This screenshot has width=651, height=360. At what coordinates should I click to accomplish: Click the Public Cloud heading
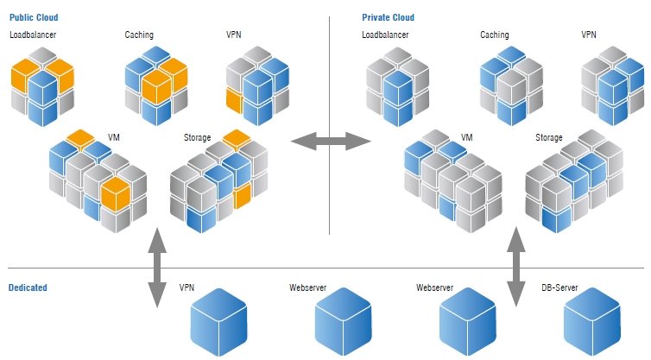pos(35,17)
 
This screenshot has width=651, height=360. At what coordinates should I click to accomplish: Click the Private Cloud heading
pos(388,17)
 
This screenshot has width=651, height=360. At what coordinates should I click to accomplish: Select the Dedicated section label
pos(28,287)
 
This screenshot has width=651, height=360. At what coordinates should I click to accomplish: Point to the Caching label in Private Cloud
pos(494,35)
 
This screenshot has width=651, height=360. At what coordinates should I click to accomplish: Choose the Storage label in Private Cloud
pos(549,137)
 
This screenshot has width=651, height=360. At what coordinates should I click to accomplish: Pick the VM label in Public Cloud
pos(113,137)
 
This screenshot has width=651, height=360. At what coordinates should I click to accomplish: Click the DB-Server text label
pos(559,287)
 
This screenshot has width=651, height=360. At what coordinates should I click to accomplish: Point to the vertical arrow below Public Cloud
pos(157,268)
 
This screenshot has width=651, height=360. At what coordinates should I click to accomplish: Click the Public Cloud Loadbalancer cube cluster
pos(41,85)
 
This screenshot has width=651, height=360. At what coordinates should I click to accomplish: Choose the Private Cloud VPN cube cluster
pos(612,85)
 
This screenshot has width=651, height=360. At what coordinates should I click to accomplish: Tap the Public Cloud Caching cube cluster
pos(155,85)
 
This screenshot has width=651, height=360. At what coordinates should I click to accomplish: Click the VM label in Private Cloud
pos(467,137)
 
